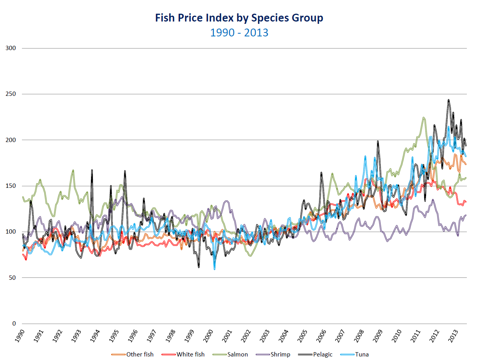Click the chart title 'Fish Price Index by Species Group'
(239, 18)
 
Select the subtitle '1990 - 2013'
(239, 32)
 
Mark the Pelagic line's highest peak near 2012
(448, 100)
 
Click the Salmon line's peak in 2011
(423, 117)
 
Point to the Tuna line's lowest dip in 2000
(214, 269)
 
